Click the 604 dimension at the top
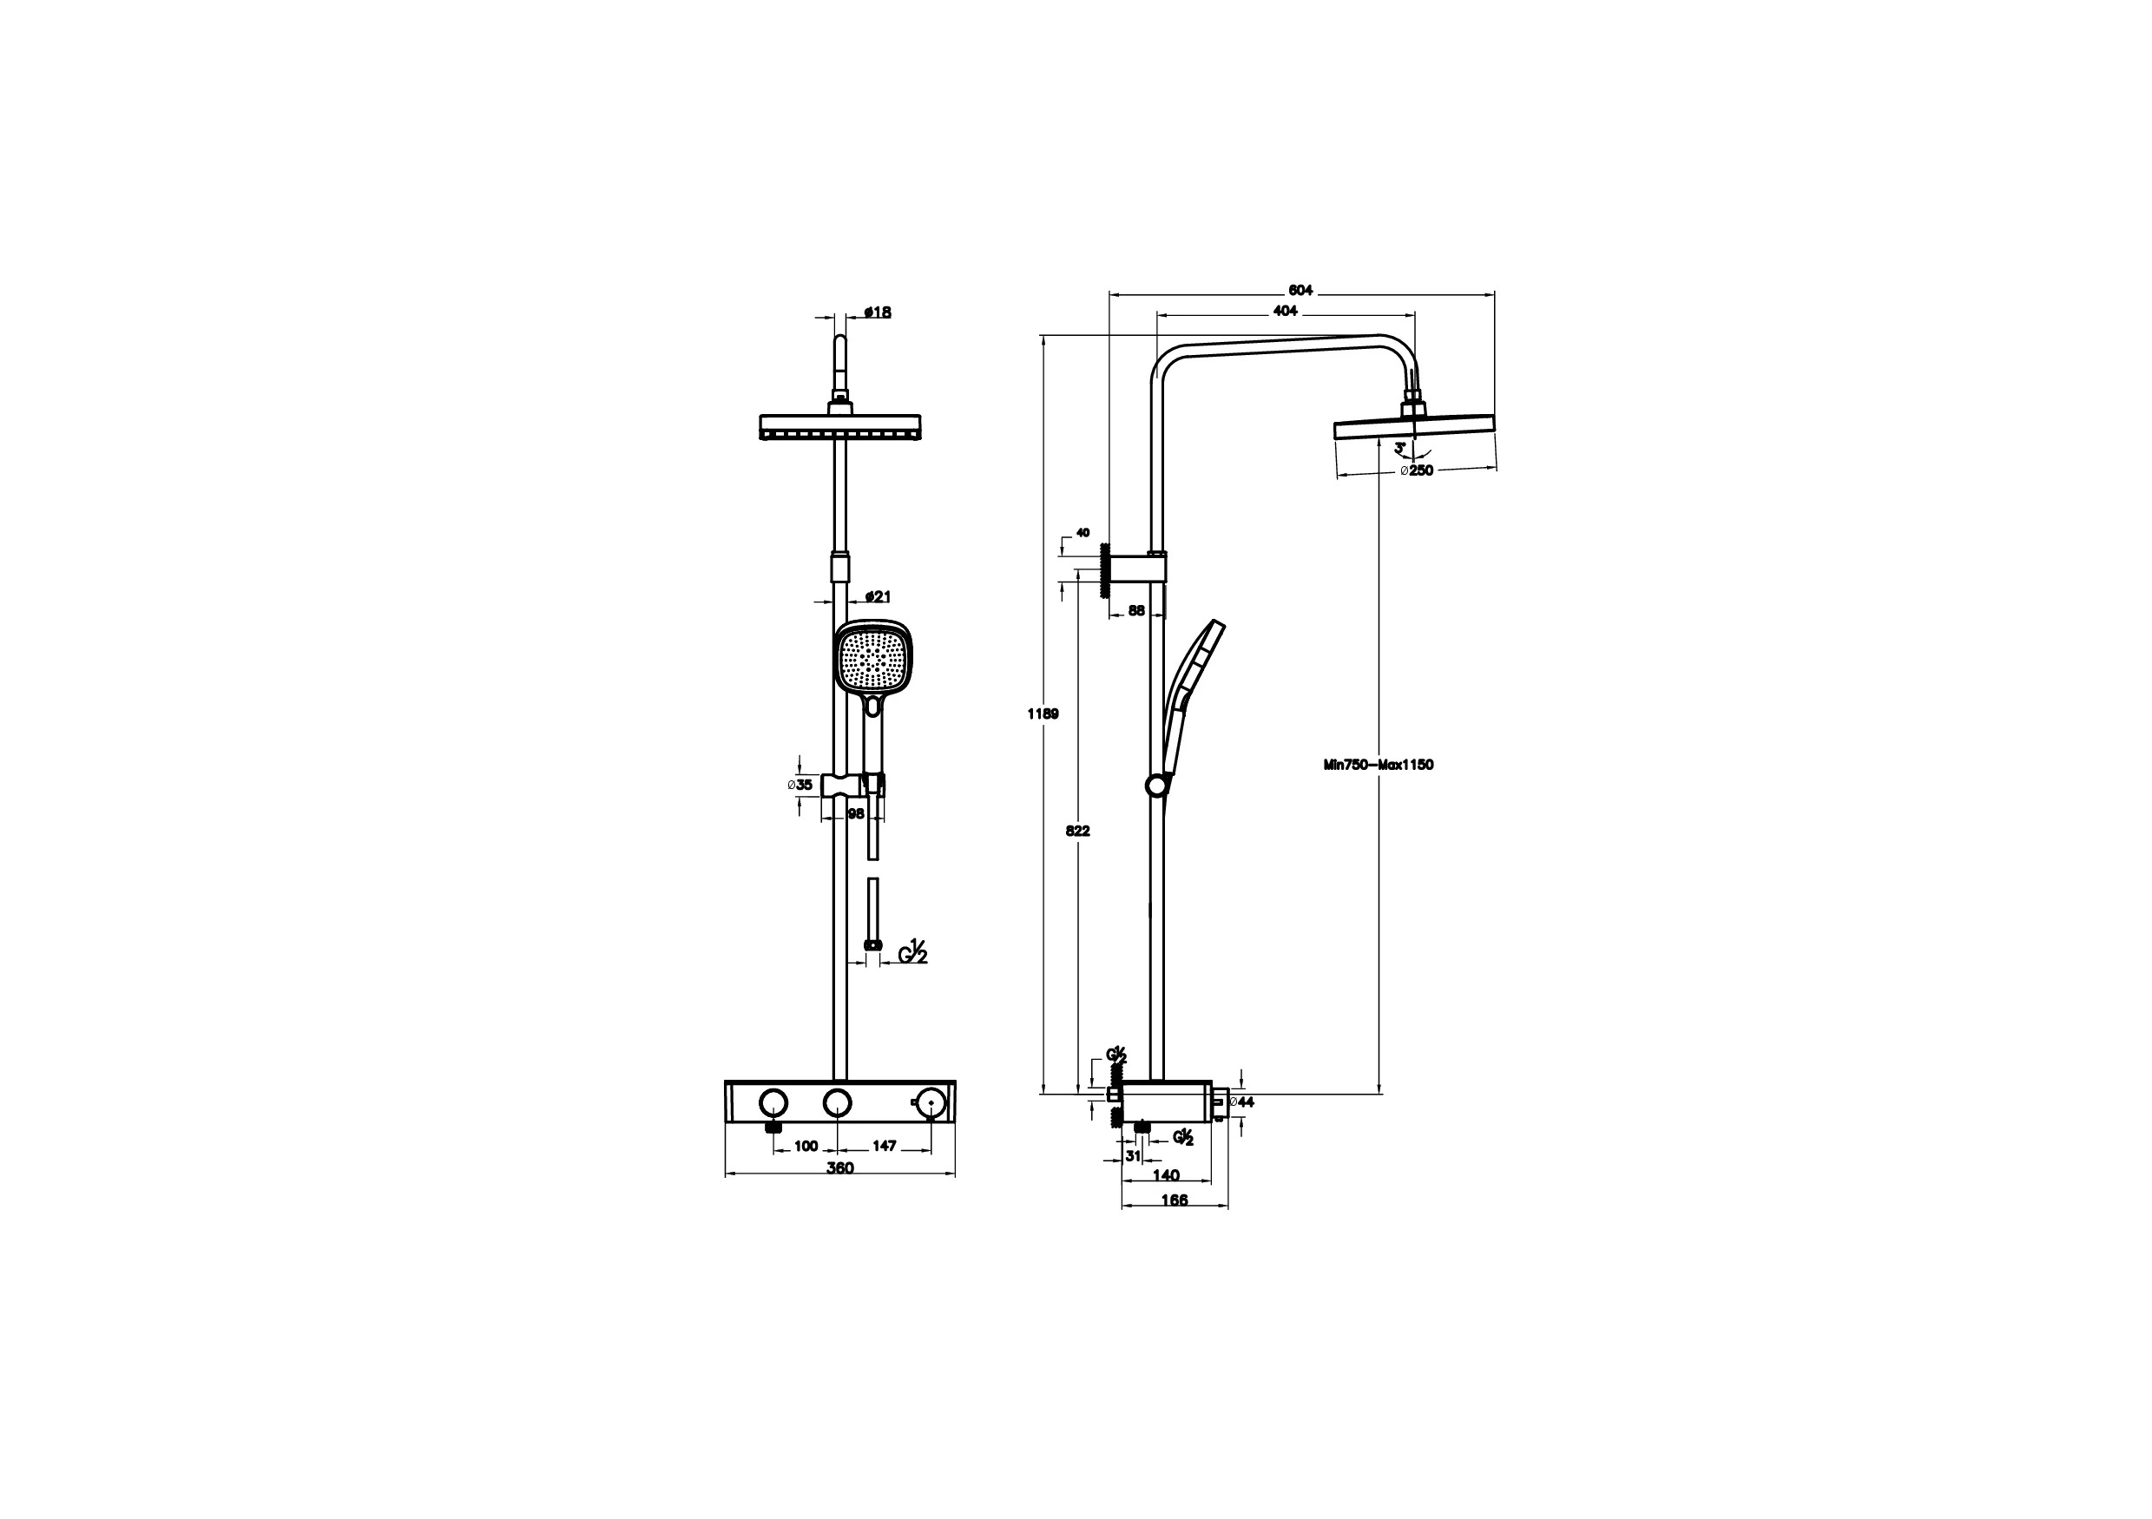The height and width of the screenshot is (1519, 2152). click(1301, 291)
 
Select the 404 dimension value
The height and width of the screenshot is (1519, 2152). click(1285, 311)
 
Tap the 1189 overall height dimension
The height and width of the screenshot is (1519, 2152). click(1043, 714)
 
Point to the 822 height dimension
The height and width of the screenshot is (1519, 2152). click(1078, 831)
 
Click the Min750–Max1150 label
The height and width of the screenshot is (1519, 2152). click(1378, 765)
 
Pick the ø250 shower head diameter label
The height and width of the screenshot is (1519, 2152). click(1418, 470)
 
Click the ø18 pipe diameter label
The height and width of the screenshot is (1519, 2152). click(877, 312)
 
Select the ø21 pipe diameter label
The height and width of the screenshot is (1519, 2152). click(877, 596)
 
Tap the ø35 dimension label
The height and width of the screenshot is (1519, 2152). click(800, 786)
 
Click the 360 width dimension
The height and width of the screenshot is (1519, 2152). click(840, 1167)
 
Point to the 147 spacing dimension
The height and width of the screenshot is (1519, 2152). click(884, 1145)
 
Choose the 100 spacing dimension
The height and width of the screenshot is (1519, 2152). click(806, 1145)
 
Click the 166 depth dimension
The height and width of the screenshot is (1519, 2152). click(1174, 1200)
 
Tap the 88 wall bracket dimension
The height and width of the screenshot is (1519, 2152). click(1136, 611)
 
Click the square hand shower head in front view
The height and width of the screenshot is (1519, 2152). click(872, 660)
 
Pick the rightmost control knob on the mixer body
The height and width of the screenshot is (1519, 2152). click(930, 1102)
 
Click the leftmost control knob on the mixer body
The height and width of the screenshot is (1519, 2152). click(773, 1102)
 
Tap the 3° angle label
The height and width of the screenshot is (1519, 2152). click(1400, 449)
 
